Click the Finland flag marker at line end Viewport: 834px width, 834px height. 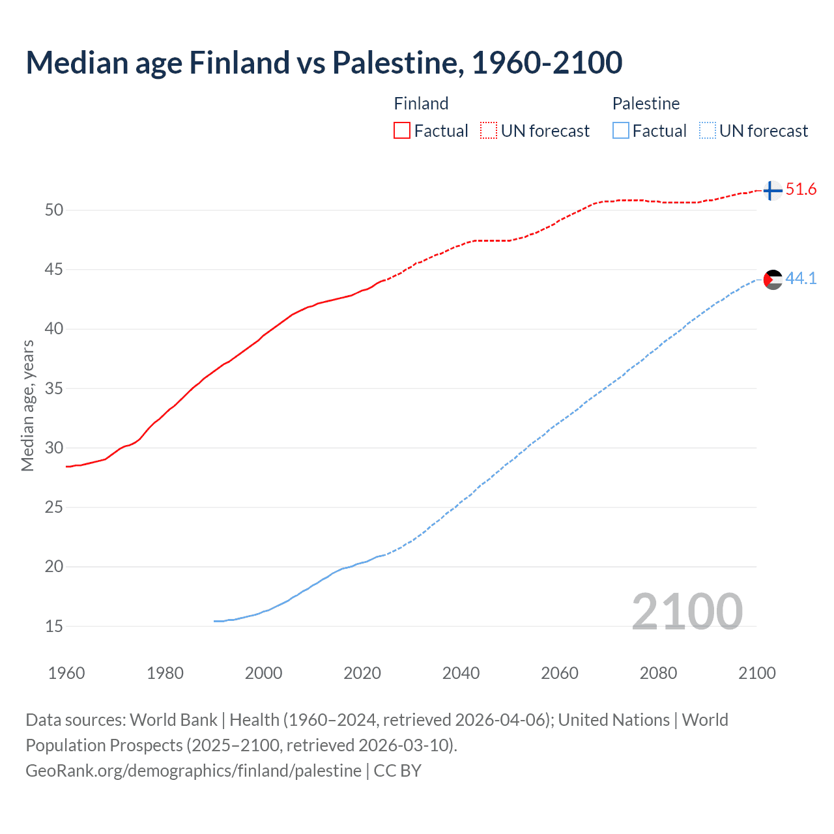pyautogui.click(x=772, y=190)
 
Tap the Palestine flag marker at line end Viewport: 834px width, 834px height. pyautogui.click(x=772, y=280)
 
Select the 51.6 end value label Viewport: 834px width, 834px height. pyautogui.click(x=801, y=190)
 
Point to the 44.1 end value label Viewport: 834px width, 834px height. pyautogui.click(x=801, y=279)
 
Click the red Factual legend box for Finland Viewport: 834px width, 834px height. pyautogui.click(x=402, y=131)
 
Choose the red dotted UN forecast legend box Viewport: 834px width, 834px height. pyautogui.click(x=489, y=131)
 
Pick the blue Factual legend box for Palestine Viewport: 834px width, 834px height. pyautogui.click(x=621, y=131)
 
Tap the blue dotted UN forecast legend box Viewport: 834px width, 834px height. pyautogui.click(x=707, y=131)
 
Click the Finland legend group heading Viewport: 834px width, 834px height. pyautogui.click(x=421, y=104)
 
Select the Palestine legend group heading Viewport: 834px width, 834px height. pyautogui.click(x=646, y=104)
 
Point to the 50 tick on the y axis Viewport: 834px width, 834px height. pyautogui.click(x=54, y=210)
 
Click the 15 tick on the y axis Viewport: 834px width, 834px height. pyautogui.click(x=54, y=627)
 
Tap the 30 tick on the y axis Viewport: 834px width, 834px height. pyautogui.click(x=54, y=448)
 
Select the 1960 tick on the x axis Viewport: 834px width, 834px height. pyautogui.click(x=66, y=673)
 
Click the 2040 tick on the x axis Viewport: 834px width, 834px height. pyautogui.click(x=461, y=673)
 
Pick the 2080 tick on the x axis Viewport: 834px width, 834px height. pyautogui.click(x=658, y=673)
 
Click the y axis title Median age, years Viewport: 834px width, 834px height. pyautogui.click(x=27, y=405)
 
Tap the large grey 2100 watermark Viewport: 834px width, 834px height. pyautogui.click(x=687, y=611)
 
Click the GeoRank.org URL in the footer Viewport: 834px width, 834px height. pyautogui.click(x=194, y=771)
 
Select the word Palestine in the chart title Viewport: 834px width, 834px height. pyautogui.click(x=398, y=63)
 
